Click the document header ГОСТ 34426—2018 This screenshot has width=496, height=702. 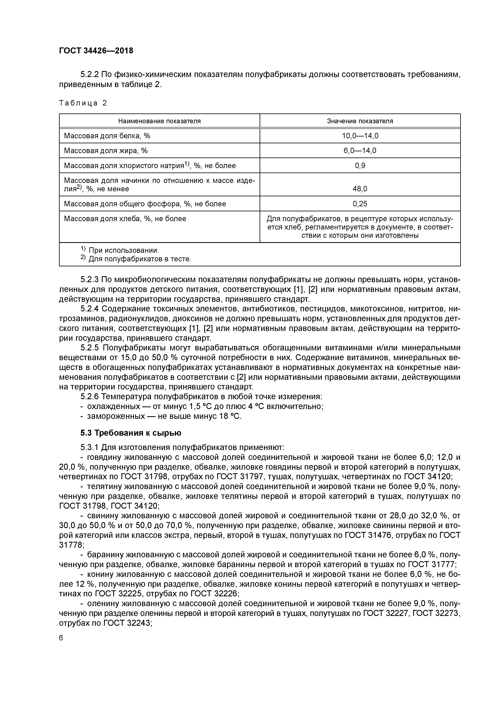(x=96, y=51)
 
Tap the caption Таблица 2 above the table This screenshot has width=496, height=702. (x=83, y=103)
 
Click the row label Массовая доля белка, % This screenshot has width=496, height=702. (x=107, y=136)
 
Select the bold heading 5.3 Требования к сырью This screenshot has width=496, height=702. (x=131, y=433)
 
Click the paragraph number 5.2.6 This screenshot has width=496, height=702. (x=90, y=397)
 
